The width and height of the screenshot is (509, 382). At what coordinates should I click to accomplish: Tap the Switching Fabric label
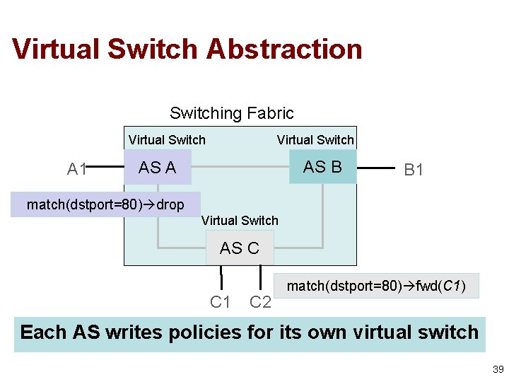pyautogui.click(x=231, y=113)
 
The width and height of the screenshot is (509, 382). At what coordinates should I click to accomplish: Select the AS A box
pyautogui.click(x=157, y=168)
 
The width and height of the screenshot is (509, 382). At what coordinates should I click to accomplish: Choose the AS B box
pyautogui.click(x=322, y=167)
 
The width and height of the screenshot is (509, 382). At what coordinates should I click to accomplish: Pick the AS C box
pyautogui.click(x=239, y=248)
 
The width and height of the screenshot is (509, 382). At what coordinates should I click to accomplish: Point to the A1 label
pyautogui.click(x=77, y=169)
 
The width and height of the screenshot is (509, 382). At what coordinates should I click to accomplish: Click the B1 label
pyautogui.click(x=413, y=170)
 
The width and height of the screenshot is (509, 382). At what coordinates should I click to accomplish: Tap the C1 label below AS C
pyautogui.click(x=221, y=302)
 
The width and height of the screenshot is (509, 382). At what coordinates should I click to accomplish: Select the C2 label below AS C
pyautogui.click(x=260, y=302)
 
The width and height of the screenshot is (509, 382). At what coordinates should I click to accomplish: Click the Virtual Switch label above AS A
pyautogui.click(x=167, y=140)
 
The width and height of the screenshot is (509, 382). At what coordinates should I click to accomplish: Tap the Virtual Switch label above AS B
pyautogui.click(x=315, y=140)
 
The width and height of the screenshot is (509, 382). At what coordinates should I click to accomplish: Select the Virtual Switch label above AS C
pyautogui.click(x=240, y=221)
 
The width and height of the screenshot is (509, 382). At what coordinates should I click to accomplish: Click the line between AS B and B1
pyautogui.click(x=375, y=168)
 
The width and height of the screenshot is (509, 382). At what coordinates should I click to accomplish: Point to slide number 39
pyautogui.click(x=498, y=369)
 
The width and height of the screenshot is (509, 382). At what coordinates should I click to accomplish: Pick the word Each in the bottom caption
pyautogui.click(x=44, y=332)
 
